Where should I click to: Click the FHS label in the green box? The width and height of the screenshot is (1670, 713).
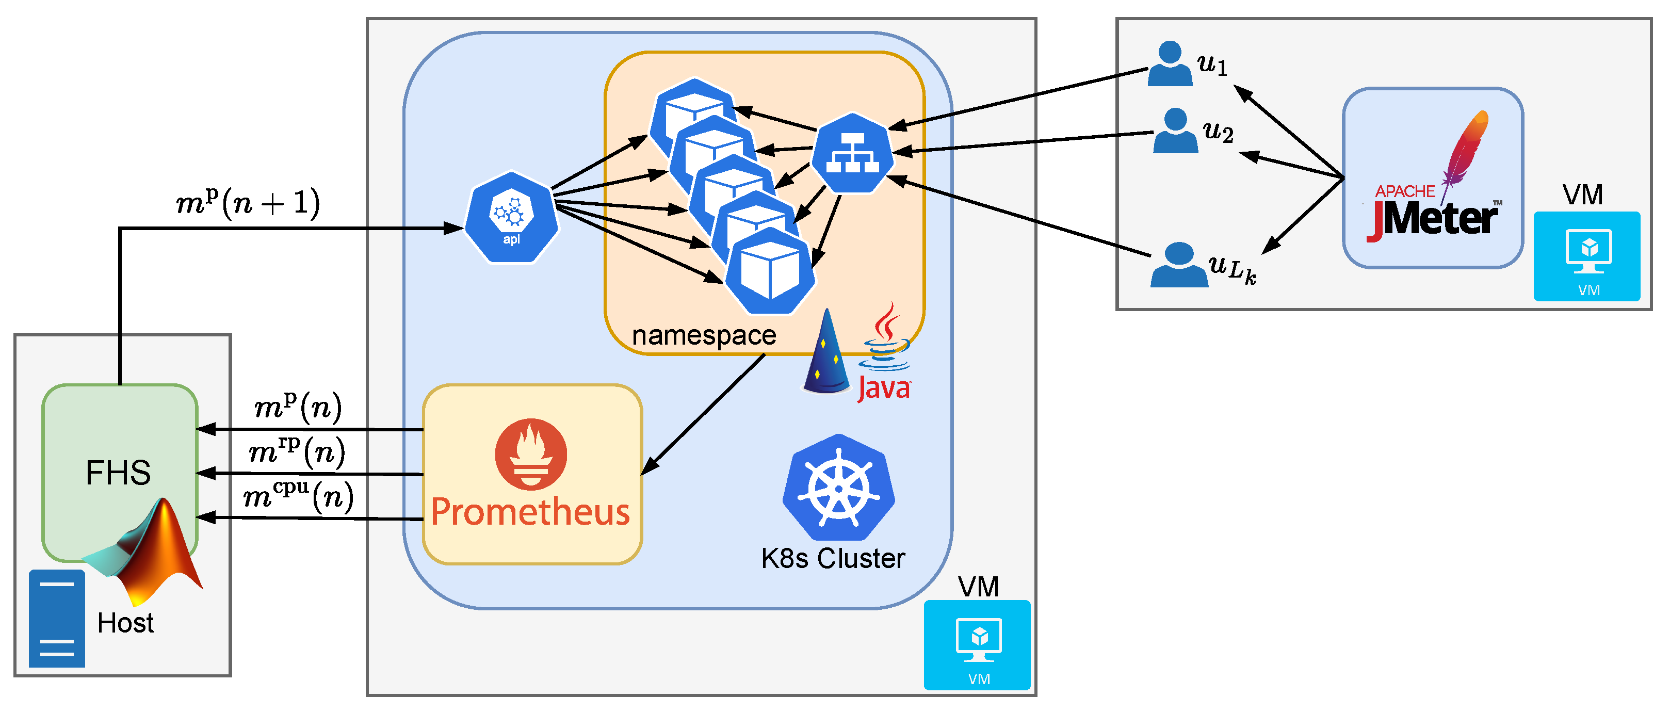[118, 473]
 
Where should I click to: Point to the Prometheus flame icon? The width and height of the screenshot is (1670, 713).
[531, 453]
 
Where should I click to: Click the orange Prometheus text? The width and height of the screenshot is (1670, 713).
[530, 512]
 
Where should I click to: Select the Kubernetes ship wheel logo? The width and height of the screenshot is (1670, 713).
[839, 488]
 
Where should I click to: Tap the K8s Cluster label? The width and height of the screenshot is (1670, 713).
[833, 558]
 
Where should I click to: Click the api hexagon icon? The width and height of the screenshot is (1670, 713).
[511, 217]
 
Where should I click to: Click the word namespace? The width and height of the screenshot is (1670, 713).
[704, 335]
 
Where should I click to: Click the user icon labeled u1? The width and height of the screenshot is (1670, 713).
[1170, 63]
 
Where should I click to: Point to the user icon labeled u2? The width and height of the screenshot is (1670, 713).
[1175, 131]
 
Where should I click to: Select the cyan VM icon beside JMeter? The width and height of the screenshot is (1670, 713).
[1586, 256]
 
